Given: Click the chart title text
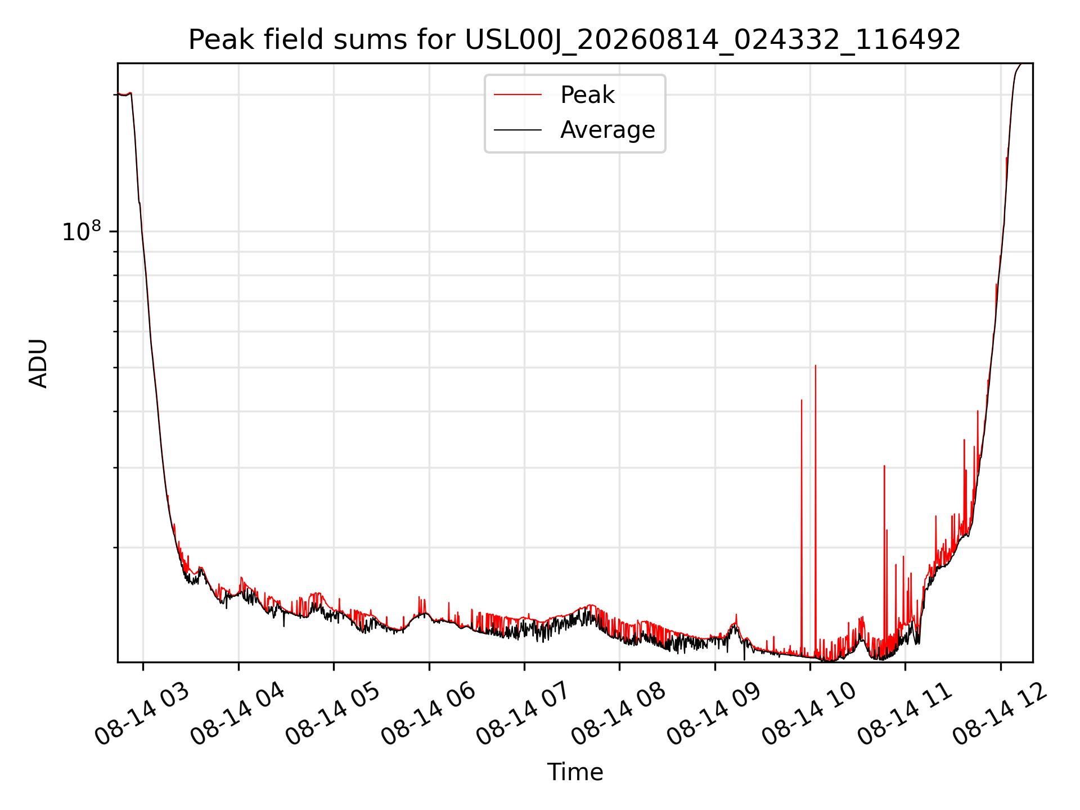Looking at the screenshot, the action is click(x=574, y=40).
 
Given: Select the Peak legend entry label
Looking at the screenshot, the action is click(x=587, y=94).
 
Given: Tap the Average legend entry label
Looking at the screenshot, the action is click(x=607, y=130).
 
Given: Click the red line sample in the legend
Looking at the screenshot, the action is click(x=517, y=94).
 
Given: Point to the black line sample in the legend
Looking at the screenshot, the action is click(x=517, y=130).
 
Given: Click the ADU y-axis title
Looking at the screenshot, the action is click(x=38, y=363).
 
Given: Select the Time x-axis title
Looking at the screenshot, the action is click(x=575, y=772).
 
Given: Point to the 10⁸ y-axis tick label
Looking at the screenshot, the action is click(x=81, y=231).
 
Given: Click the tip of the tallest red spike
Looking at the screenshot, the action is click(x=816, y=365).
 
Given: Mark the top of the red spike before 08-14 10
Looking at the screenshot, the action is click(x=802, y=400).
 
